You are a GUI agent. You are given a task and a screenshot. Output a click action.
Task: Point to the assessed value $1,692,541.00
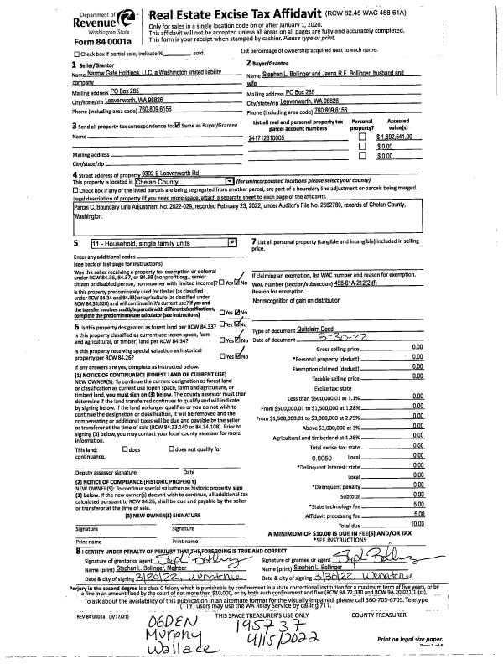pyautogui.click(x=398, y=137)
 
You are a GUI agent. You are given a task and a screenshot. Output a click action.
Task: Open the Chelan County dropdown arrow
pyautogui.click(x=230, y=180)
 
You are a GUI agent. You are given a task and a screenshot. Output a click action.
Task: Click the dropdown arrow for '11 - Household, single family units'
pyautogui.click(x=232, y=242)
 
